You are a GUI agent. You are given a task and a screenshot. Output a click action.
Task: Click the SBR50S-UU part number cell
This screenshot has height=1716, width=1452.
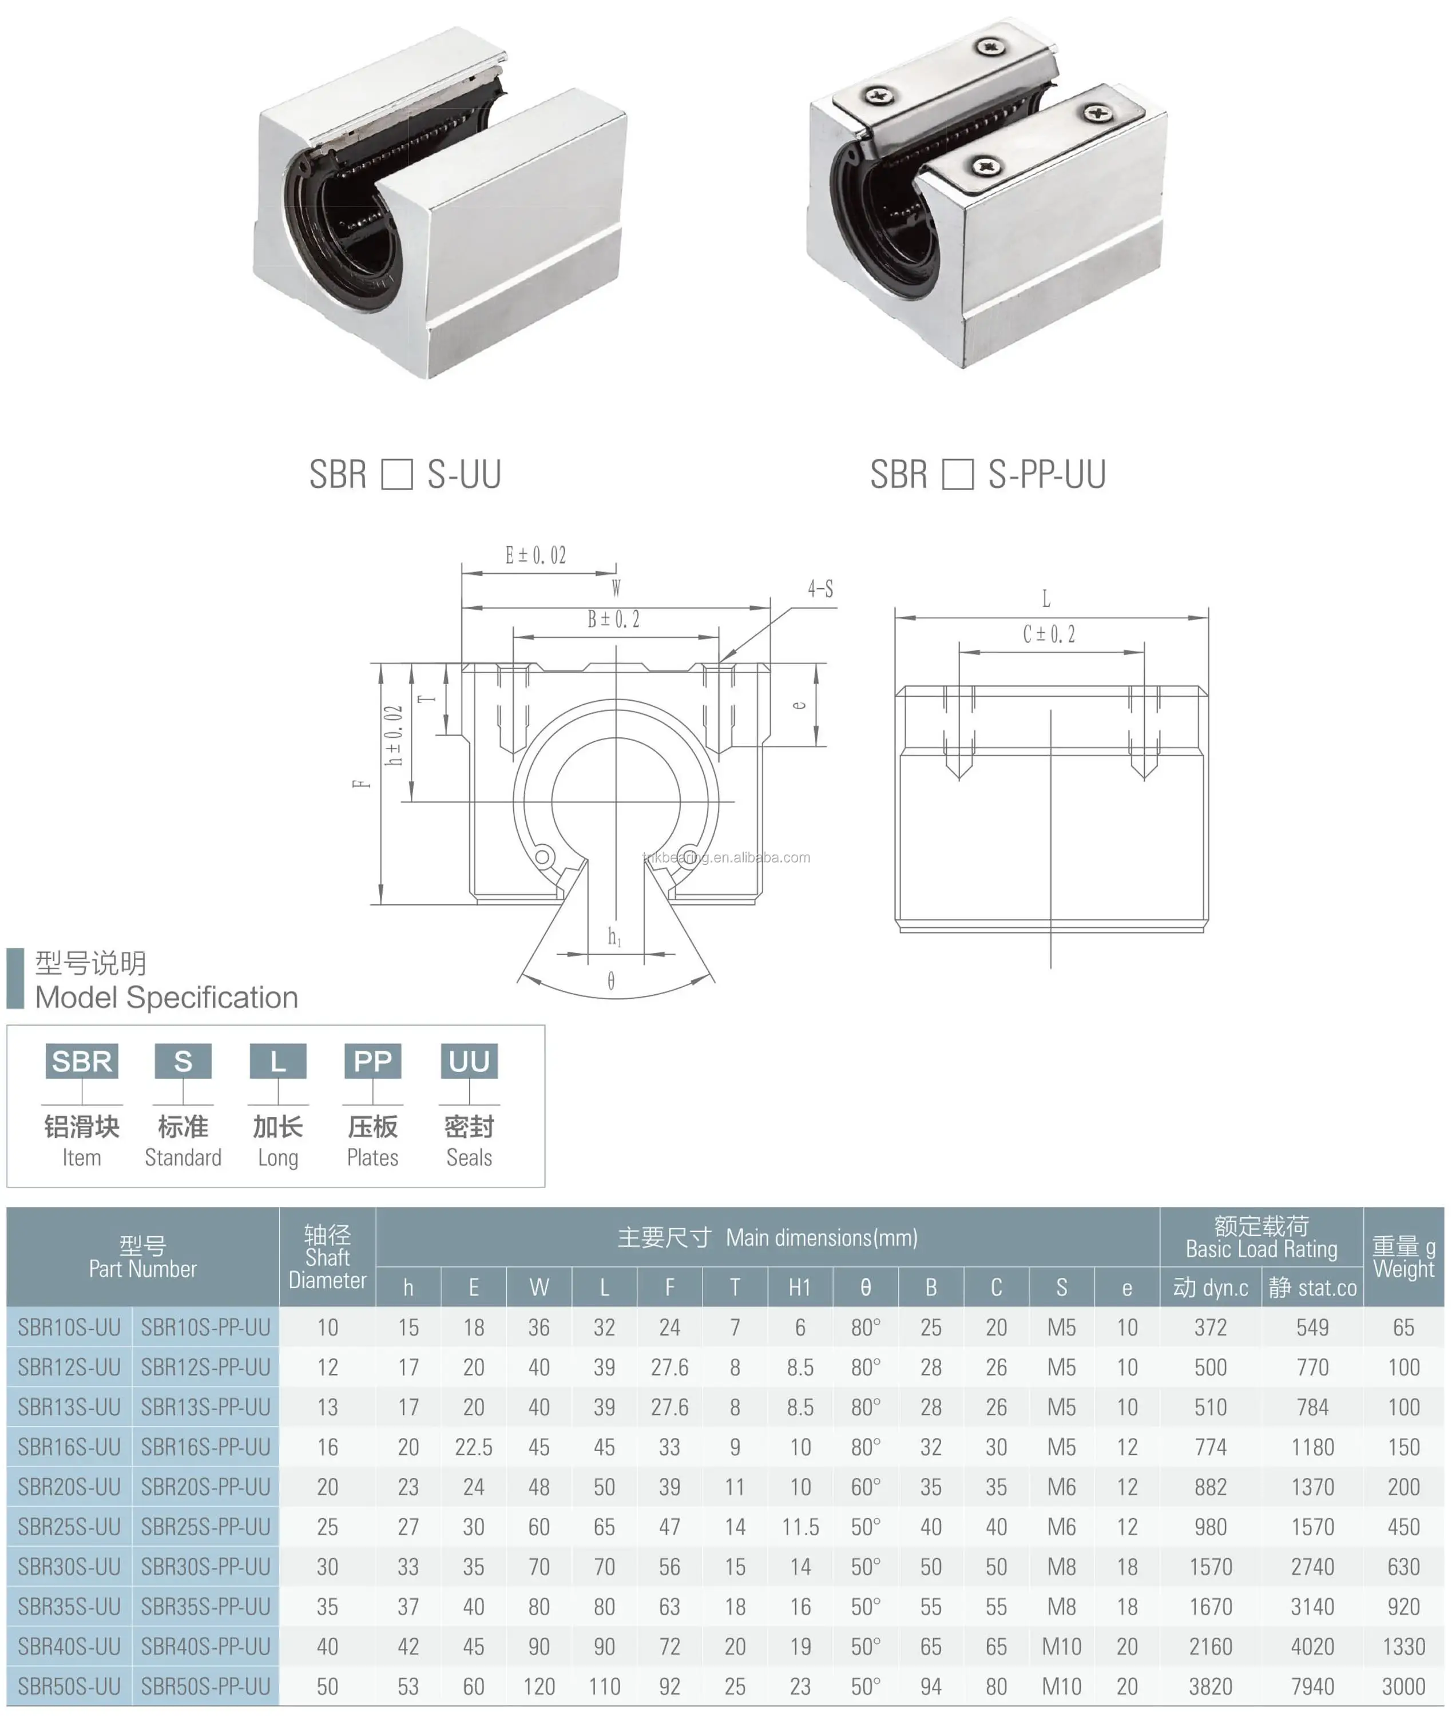(69, 1686)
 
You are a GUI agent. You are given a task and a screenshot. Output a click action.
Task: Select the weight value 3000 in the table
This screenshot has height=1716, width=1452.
(1403, 1686)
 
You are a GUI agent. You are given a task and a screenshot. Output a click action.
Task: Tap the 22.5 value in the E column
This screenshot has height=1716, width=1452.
(473, 1447)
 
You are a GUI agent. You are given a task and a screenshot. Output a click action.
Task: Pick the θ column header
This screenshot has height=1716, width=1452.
(865, 1287)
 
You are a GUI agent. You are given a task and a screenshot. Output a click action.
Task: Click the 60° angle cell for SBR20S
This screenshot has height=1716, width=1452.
(865, 1487)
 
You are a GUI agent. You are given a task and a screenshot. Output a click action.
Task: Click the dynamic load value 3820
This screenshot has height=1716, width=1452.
(1210, 1686)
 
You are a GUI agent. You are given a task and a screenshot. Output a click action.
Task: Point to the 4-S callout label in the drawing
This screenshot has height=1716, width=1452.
(820, 589)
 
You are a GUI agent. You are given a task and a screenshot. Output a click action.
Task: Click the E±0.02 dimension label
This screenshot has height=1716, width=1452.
(536, 555)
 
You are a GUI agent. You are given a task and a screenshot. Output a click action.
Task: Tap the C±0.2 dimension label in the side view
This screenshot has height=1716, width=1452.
(1049, 634)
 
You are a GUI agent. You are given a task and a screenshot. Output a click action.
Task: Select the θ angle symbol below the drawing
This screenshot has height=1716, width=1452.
(611, 981)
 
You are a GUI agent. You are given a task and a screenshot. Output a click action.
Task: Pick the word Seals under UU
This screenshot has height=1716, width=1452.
(469, 1157)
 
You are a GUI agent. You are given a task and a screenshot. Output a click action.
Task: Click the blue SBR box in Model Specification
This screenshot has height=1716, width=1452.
(81, 1062)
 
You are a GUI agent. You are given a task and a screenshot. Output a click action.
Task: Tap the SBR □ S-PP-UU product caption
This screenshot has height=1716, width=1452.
(988, 475)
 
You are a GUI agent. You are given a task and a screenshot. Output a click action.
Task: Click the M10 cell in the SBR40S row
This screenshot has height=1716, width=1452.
(1061, 1647)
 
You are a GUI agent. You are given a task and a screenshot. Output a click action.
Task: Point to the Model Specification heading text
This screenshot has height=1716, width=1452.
(166, 998)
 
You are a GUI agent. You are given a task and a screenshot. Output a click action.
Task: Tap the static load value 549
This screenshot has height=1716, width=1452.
(1312, 1328)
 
